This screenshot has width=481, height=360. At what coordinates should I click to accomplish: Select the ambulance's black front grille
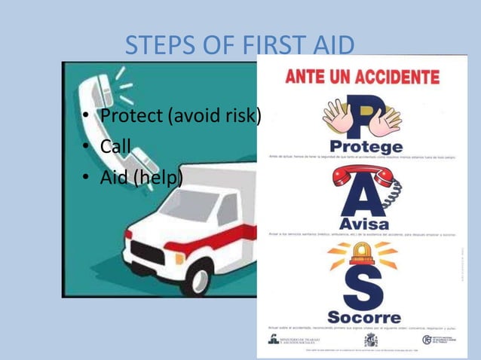(150, 253)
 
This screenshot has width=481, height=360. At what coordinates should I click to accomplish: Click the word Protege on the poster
(365, 145)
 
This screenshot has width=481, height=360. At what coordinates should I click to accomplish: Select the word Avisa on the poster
(364, 224)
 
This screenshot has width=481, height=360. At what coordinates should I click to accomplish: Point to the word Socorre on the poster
(364, 316)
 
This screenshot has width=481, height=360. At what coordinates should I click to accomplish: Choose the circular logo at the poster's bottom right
(427, 340)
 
